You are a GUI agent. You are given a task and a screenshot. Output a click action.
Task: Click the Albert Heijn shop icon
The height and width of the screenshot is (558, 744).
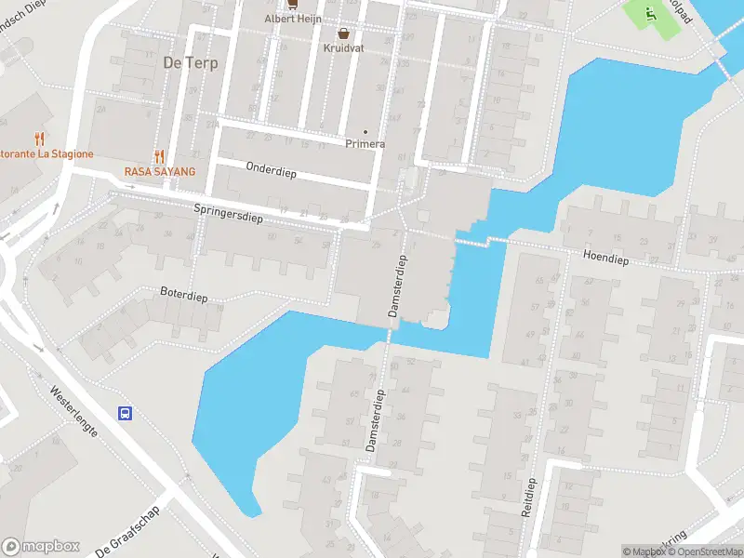(292, 4)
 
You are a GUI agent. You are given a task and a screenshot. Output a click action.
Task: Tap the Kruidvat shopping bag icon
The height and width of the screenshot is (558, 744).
(343, 33)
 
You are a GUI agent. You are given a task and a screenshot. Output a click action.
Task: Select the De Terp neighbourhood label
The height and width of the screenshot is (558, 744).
(184, 63)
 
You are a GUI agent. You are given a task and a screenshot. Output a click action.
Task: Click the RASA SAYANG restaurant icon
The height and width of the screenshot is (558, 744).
(160, 157)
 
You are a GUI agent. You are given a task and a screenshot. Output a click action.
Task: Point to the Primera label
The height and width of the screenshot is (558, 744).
(365, 143)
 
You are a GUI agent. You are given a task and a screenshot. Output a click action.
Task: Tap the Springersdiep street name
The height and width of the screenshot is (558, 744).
(229, 213)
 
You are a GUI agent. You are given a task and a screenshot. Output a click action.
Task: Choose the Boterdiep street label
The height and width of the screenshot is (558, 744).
(183, 296)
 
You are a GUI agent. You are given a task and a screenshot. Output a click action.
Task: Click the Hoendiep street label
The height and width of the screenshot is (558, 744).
(605, 259)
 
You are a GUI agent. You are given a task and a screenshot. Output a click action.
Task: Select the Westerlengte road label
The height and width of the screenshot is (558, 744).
(73, 414)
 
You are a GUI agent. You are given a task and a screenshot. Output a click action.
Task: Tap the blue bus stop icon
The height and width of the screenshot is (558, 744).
(123, 413)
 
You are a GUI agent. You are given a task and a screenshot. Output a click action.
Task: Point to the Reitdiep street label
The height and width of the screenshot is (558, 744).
(529, 498)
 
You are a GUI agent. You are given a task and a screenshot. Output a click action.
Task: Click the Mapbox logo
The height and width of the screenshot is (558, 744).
(41, 547)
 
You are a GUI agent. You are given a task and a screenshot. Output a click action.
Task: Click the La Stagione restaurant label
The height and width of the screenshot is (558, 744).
(46, 153)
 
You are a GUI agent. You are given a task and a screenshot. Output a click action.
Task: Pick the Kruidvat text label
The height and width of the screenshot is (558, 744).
(344, 46)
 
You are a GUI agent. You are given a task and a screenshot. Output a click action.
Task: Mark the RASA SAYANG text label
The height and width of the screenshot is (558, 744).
(160, 172)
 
